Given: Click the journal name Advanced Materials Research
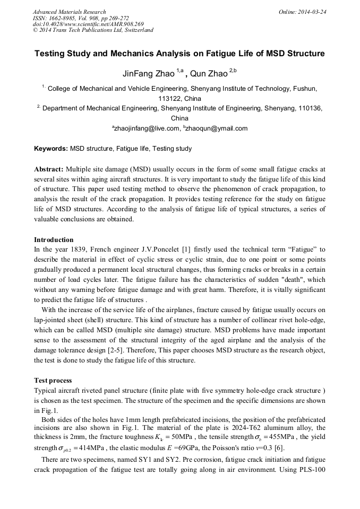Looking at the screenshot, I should pos(69,12).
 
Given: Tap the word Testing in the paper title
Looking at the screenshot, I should pos(50,54).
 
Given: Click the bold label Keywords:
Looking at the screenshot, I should pos(51,149).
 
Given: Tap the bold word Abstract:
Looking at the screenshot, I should pos(49,169).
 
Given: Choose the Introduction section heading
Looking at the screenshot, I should pos(54,240).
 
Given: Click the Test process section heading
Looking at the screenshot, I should pos(53,381).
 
